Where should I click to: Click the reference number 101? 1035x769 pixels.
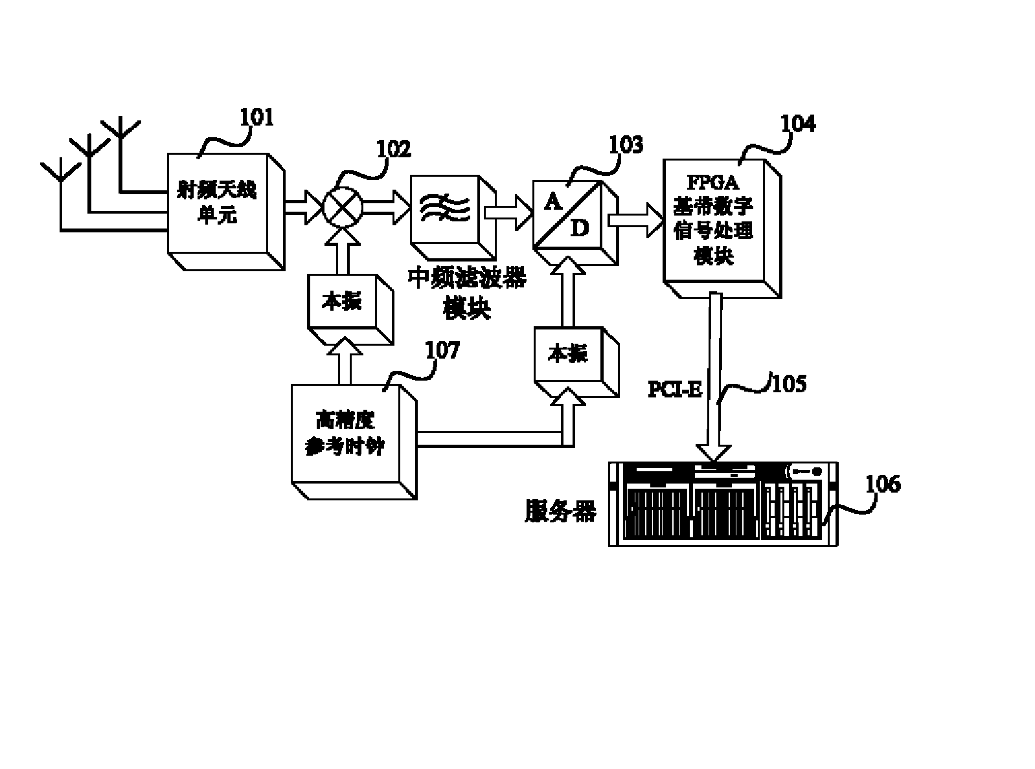(x=257, y=118)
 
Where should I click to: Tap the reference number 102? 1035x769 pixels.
(x=394, y=150)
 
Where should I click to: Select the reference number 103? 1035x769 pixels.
(x=626, y=146)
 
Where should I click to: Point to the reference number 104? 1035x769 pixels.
(x=798, y=124)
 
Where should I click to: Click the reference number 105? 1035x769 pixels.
(x=790, y=383)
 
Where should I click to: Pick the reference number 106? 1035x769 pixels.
(x=883, y=484)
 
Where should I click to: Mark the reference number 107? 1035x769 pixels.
(x=442, y=350)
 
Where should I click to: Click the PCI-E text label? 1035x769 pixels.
(x=676, y=389)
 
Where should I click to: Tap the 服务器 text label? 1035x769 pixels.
(x=560, y=511)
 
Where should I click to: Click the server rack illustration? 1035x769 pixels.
(x=723, y=503)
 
